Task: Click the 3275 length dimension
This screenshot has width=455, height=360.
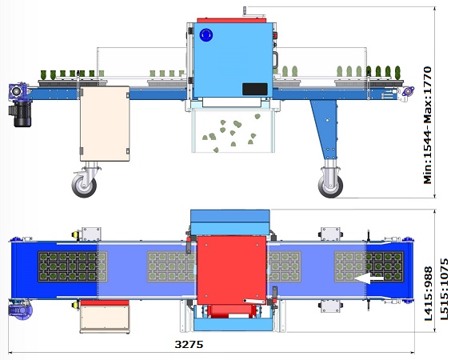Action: pyautogui.click(x=189, y=344)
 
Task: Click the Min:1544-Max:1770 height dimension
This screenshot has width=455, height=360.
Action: pyautogui.click(x=428, y=125)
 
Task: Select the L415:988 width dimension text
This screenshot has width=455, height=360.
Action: pyautogui.click(x=428, y=294)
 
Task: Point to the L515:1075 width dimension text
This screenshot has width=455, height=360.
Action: pyautogui.click(x=445, y=290)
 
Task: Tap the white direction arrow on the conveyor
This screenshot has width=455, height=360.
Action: pyautogui.click(x=369, y=278)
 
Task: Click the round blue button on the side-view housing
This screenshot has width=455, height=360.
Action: pyautogui.click(x=206, y=35)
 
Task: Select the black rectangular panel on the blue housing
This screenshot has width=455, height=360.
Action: pyautogui.click(x=255, y=89)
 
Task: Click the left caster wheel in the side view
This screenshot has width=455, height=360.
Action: pyautogui.click(x=85, y=184)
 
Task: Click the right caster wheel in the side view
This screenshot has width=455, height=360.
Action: pyautogui.click(x=330, y=186)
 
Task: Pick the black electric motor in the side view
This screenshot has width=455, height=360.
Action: pyautogui.click(x=21, y=114)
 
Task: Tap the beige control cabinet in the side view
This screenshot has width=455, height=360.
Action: pyautogui.click(x=105, y=124)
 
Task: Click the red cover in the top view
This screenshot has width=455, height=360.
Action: pyautogui.click(x=232, y=270)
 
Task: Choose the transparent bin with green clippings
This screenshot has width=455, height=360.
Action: pyautogui.click(x=233, y=130)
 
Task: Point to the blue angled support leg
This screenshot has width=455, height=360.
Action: pyautogui.click(x=325, y=129)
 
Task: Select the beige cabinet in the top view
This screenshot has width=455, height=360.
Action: pyautogui.click(x=105, y=317)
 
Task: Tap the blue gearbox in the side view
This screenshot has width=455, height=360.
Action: pyautogui.click(x=18, y=91)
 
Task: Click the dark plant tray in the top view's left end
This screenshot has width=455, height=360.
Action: pyautogui.click(x=68, y=267)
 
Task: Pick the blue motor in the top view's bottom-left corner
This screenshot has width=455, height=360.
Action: pyautogui.click(x=20, y=310)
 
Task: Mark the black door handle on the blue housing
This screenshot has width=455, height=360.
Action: pyautogui.click(x=275, y=60)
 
